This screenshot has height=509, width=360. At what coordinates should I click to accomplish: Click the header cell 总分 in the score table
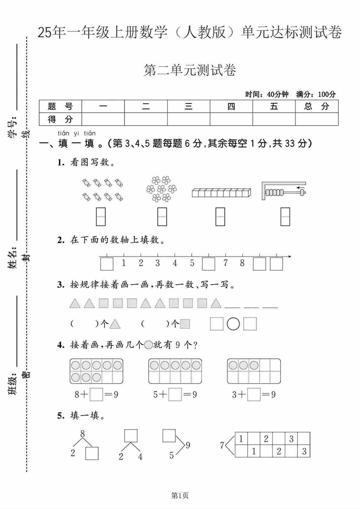tap(317, 107)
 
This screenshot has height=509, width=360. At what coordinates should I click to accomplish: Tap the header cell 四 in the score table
tap(231, 107)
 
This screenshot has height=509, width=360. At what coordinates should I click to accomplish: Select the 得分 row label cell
tap(60, 119)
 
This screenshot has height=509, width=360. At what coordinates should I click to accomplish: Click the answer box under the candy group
tap(101, 217)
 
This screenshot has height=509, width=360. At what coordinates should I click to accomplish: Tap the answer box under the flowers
tap(162, 217)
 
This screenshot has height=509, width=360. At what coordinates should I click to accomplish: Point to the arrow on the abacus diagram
tap(301, 188)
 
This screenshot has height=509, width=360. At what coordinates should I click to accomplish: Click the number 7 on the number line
tap(225, 263)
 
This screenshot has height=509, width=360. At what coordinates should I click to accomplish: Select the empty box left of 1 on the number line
tap(106, 264)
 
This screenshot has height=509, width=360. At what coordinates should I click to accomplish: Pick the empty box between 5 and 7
tap(208, 264)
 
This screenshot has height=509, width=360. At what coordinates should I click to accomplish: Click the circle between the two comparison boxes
tap(233, 324)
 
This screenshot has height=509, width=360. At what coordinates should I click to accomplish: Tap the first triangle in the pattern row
tap(75, 303)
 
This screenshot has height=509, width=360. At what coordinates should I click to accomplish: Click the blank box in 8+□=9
tap(97, 395)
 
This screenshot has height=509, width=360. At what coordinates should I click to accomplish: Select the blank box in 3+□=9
tap(254, 395)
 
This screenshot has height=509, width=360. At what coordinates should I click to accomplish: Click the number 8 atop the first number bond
tap(83, 434)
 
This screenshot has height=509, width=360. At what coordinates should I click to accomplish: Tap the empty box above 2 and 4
tap(131, 436)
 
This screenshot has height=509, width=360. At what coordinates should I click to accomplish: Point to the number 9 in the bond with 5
tap(188, 445)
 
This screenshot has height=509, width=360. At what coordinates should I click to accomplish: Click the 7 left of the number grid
tap(222, 445)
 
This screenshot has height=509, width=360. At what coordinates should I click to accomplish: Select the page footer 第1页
tap(180, 495)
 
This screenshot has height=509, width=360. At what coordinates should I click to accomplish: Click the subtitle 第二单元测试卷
tap(190, 71)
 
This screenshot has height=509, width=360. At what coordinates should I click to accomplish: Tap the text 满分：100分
tap(316, 94)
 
